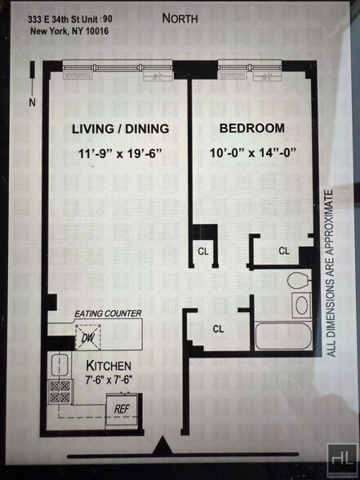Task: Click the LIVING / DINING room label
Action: [120, 129]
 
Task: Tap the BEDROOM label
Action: [252, 128]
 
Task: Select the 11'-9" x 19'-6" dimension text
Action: [120, 153]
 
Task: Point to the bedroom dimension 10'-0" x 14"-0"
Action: [252, 153]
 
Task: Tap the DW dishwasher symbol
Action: [88, 336]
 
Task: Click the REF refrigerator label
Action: [122, 407]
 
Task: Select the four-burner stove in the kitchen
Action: [60, 392]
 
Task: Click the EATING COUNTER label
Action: [108, 313]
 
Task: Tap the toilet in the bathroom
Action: [299, 282]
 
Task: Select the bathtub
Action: [282, 336]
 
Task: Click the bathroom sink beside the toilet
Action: [301, 306]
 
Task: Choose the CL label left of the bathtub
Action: [218, 329]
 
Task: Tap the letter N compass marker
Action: [32, 102]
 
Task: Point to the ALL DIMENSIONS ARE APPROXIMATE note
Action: [331, 273]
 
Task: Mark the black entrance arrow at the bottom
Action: [162, 447]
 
